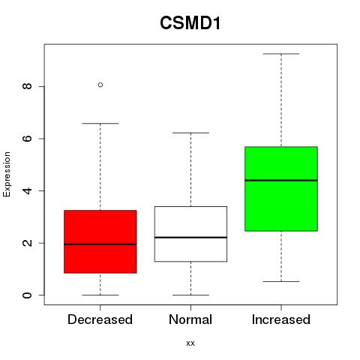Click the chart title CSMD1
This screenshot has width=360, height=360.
tap(190, 22)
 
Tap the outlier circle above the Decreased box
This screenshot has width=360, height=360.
tap(100, 85)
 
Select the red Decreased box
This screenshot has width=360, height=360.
tap(100, 241)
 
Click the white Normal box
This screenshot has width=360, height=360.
tap(190, 234)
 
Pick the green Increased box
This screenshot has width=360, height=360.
tap(281, 189)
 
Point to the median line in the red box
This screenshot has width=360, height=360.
tap(100, 244)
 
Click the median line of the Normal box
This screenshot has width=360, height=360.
tap(190, 237)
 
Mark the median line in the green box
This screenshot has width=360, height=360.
tap(281, 180)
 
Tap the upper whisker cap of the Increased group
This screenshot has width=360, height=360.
tap(281, 54)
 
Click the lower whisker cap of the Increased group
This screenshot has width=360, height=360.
tap(281, 281)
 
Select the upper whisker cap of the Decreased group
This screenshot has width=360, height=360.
tap(100, 123)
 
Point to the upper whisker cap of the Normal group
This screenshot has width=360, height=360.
tap(190, 133)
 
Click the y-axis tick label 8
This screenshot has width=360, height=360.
tap(27, 86)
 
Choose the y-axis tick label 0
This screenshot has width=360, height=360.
tap(27, 295)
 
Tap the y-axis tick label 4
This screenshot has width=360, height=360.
tap(27, 190)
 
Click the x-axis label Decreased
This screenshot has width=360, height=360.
tap(100, 319)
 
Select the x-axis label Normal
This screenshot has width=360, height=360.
tap(190, 319)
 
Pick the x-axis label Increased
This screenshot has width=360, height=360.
tap(281, 319)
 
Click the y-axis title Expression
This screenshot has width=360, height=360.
tap(7, 174)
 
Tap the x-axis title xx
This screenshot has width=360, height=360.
tap(190, 343)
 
